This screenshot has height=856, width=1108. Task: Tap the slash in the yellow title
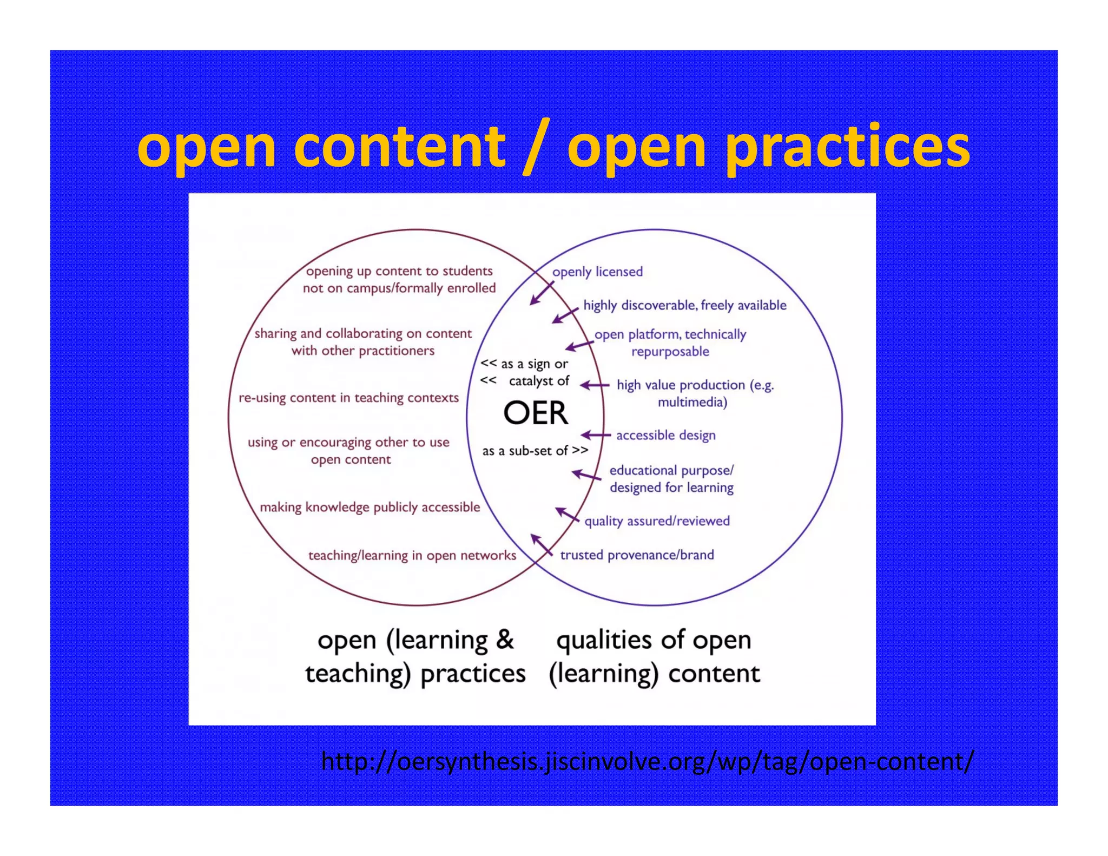point(537,146)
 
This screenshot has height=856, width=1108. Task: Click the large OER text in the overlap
point(536,413)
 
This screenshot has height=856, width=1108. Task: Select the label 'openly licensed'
point(597,272)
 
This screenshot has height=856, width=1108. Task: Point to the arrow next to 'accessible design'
point(595,435)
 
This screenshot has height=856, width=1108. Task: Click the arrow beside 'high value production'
point(594,385)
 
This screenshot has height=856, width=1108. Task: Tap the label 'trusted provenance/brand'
point(637,555)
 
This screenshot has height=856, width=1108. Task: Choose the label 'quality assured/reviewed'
point(657,521)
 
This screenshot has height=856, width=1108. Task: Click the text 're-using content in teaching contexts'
point(348,398)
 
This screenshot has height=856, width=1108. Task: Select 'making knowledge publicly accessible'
point(370,508)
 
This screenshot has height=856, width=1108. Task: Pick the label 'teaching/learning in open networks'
point(412,556)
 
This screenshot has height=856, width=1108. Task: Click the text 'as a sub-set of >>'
point(535,451)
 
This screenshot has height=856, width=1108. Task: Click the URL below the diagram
point(647,761)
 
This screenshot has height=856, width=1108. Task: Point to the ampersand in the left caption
point(505,640)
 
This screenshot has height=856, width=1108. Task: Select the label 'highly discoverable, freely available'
point(685,306)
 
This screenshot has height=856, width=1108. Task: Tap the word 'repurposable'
point(670,352)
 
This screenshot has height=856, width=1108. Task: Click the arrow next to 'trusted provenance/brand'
point(542,545)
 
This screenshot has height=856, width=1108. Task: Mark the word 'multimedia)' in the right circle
point(692,403)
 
